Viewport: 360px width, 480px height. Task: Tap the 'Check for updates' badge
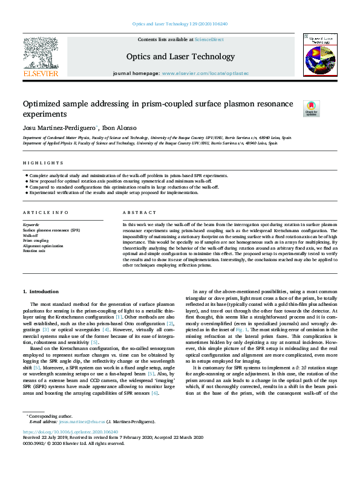tap(311, 108)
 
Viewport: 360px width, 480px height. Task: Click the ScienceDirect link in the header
tap(209, 39)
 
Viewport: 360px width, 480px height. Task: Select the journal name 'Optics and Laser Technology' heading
tap(180, 57)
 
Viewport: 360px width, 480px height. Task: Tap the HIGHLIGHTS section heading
tap(43, 163)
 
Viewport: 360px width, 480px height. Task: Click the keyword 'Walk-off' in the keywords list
tap(32, 236)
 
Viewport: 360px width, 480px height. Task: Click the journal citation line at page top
tap(180, 24)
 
